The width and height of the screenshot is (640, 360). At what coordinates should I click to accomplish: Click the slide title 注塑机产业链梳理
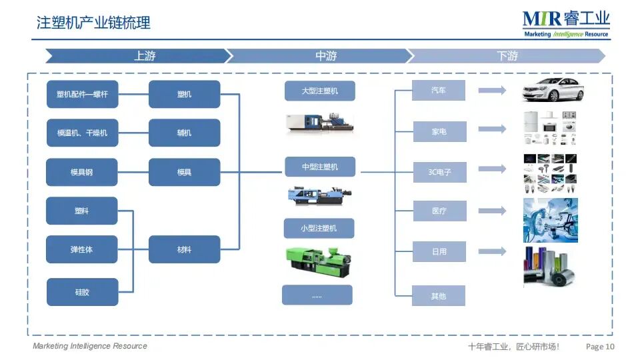click(93, 23)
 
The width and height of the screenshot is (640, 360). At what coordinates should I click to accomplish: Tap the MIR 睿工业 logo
click(566, 23)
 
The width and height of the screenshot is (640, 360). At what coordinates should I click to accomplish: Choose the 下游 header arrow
click(507, 56)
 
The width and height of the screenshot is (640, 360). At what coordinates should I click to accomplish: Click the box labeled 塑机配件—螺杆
click(82, 95)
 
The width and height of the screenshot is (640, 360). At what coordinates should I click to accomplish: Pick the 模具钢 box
click(82, 172)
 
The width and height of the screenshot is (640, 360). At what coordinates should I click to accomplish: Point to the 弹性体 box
click(82, 249)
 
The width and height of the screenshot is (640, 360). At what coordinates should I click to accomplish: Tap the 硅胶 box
click(82, 292)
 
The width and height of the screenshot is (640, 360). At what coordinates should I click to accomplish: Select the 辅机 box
click(184, 133)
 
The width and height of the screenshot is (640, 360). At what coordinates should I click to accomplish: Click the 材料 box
click(184, 249)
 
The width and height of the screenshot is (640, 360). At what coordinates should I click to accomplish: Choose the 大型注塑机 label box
click(319, 91)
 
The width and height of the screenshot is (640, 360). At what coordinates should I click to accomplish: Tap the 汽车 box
click(438, 91)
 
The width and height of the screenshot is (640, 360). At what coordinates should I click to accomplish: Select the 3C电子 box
click(439, 172)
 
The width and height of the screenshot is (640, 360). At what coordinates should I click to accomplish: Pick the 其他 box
click(438, 295)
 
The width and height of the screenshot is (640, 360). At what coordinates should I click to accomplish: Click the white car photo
click(552, 90)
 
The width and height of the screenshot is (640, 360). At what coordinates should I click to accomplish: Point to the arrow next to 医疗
click(493, 211)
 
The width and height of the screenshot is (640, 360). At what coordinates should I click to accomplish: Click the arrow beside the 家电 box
click(493, 129)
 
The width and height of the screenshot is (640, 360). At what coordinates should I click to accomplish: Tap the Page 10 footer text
click(600, 346)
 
